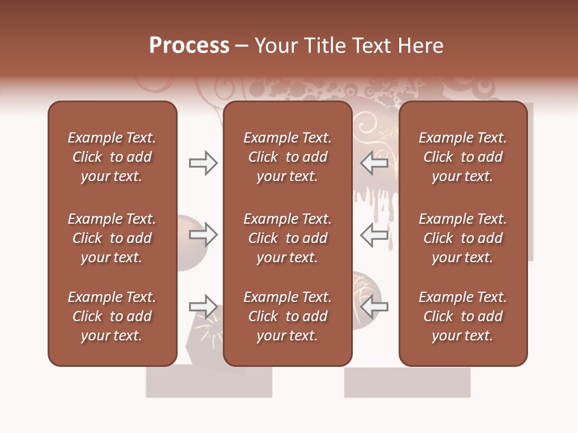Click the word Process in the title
(189, 46)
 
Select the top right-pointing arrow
(204, 162)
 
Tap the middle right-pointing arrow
(204, 235)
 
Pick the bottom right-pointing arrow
(204, 307)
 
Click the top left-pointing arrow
(374, 162)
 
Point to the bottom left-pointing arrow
(374, 307)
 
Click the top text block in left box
(112, 157)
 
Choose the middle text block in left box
(112, 238)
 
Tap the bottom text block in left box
(112, 316)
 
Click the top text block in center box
(288, 157)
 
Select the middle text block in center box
(288, 238)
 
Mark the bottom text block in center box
(288, 316)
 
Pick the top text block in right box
(463, 157)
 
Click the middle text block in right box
(463, 238)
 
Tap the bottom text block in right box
(463, 316)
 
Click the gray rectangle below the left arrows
(209, 382)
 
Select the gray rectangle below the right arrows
(407, 382)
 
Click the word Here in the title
(420, 46)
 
